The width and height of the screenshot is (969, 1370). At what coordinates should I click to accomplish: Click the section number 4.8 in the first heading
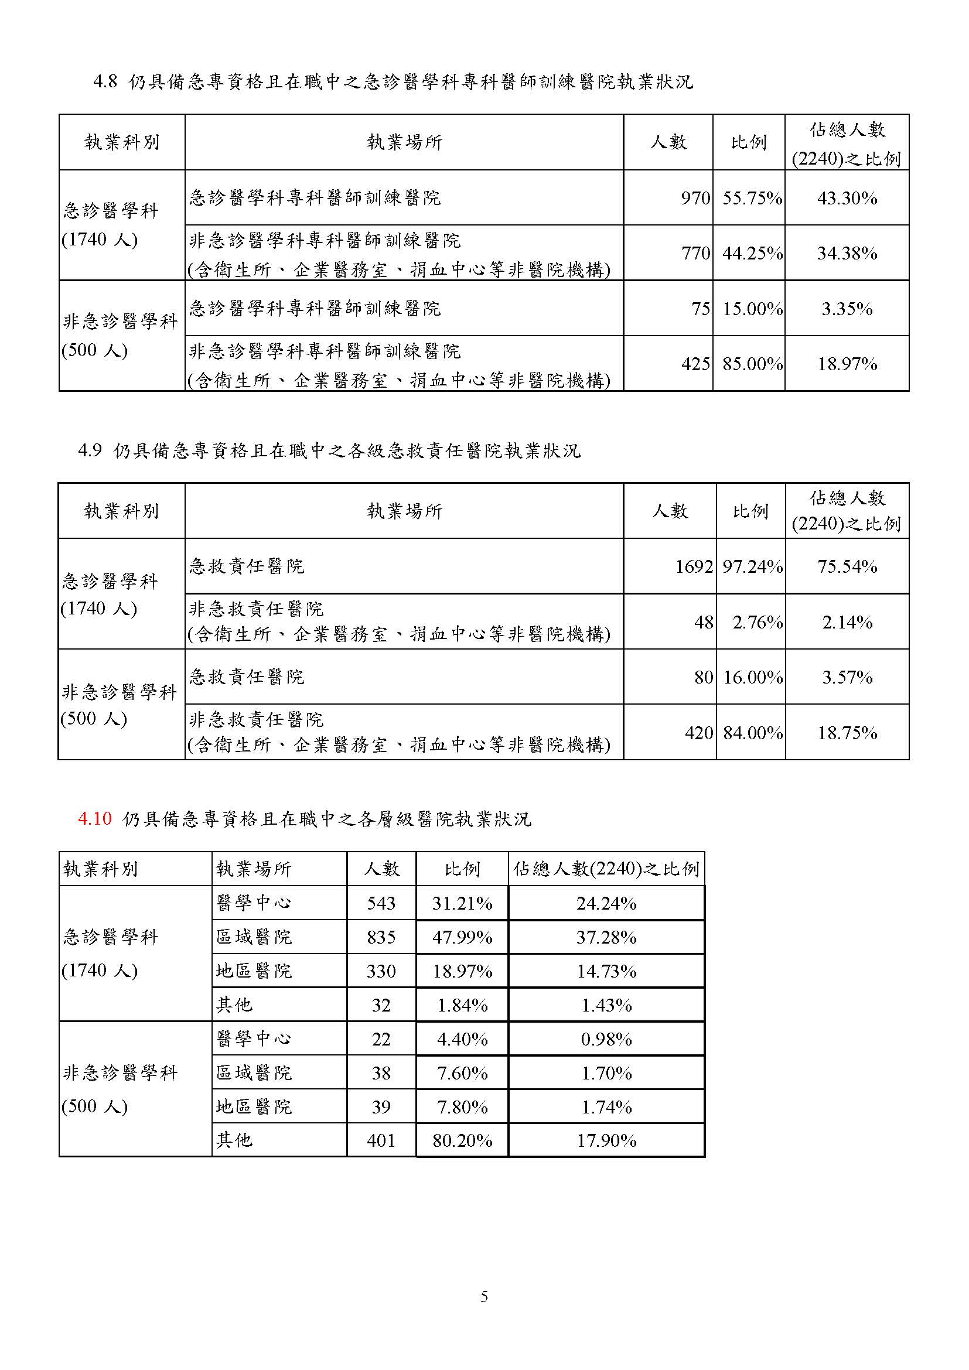point(105,82)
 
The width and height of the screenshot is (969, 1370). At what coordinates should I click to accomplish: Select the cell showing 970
point(696,198)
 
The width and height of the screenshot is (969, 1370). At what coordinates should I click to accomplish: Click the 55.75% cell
point(752,198)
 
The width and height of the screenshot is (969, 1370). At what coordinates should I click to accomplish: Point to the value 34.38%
point(847,254)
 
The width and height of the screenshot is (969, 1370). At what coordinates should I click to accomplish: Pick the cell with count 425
point(696,364)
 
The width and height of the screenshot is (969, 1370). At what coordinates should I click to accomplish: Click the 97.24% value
point(752,566)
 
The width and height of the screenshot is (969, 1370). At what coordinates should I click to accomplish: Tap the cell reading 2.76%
point(757,623)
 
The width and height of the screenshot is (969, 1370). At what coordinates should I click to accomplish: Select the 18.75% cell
point(847,733)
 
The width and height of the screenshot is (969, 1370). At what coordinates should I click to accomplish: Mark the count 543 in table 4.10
point(381,903)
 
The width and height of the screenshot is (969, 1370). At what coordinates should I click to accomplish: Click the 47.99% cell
point(462,937)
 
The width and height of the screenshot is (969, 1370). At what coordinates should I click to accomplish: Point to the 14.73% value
point(606,971)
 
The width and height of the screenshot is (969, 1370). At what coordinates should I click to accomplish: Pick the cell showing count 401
point(381,1141)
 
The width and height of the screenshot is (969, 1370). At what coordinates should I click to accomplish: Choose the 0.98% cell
point(606,1040)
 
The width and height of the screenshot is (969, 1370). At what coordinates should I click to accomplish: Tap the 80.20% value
point(462,1141)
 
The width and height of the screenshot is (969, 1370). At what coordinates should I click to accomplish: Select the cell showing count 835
point(381,937)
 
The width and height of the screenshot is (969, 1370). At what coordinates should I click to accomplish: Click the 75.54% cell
point(847,566)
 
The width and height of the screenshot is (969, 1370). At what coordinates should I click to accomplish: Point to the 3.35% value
point(847,309)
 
